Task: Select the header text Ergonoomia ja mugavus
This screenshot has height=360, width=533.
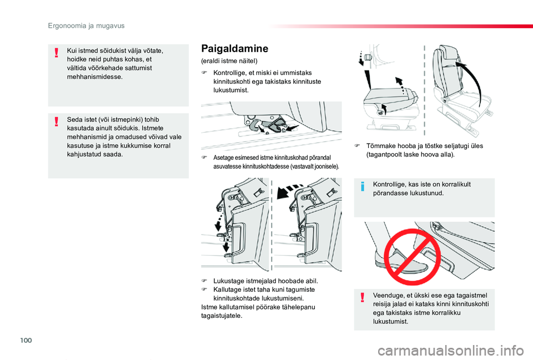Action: pos(86,26)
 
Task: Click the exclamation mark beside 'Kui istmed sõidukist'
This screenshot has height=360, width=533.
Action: pos(57,53)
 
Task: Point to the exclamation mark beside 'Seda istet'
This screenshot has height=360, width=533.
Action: pos(57,121)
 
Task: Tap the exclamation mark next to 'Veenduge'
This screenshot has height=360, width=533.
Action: pos(363,298)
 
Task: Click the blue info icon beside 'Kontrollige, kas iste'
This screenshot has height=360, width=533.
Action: pos(363,186)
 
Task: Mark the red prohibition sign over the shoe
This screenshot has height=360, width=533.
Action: pos(405,255)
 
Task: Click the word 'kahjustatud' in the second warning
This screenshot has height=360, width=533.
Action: pos(85,154)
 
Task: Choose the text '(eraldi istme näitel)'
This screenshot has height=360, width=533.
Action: pos(225,60)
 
